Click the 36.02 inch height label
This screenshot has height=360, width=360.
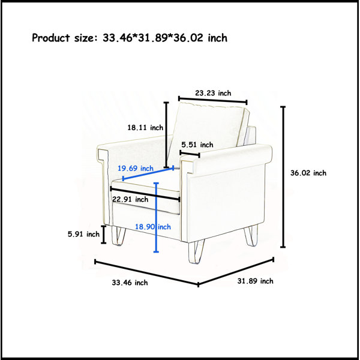tap(308, 173)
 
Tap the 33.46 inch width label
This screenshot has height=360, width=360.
tap(130, 283)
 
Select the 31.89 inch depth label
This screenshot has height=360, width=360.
tap(256, 281)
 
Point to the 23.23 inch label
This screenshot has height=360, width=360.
tap(213, 93)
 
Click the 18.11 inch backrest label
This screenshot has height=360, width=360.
tap(145, 127)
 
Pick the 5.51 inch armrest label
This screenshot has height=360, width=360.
tap(197, 145)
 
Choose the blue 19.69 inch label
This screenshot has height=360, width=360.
tap(136, 168)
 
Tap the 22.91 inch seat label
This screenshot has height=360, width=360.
tap(130, 199)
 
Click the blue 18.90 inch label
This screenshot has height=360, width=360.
tap(152, 227)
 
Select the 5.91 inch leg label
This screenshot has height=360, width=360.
tap(83, 234)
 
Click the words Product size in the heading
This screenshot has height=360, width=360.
tap(62, 38)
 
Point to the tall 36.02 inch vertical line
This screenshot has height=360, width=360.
tap(283, 177)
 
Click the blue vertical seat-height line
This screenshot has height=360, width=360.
tap(157, 217)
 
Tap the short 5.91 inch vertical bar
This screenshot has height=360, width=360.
tap(104, 235)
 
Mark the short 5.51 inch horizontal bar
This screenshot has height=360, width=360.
tap(190, 154)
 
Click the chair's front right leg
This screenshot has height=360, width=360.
tap(196, 251)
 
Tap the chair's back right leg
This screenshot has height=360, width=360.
tap(251, 236)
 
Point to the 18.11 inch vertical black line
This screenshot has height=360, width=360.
tap(166, 135)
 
